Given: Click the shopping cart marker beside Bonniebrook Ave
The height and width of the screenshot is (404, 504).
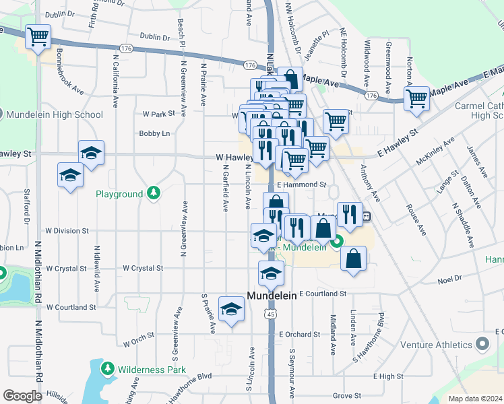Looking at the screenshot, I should (38, 37).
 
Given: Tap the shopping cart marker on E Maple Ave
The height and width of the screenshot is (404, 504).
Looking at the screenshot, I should (417, 98).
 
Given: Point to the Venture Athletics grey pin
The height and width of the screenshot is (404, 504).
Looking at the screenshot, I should (481, 345).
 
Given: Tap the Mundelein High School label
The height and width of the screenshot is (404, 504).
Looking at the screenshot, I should (54, 114).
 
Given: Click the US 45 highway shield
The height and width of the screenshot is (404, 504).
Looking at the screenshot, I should (271, 314).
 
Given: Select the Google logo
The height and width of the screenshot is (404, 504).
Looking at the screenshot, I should (22, 396).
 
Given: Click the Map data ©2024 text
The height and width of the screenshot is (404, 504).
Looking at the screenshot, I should (475, 399).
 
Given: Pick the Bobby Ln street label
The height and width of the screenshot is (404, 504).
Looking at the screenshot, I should (154, 133).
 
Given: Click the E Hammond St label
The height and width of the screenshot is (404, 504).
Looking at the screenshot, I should (301, 184).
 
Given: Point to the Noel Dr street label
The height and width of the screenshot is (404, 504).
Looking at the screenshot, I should (449, 277).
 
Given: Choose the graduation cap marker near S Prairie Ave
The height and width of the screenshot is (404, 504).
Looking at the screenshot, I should (231, 308).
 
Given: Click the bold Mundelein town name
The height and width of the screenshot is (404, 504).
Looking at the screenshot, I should (272, 296).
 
